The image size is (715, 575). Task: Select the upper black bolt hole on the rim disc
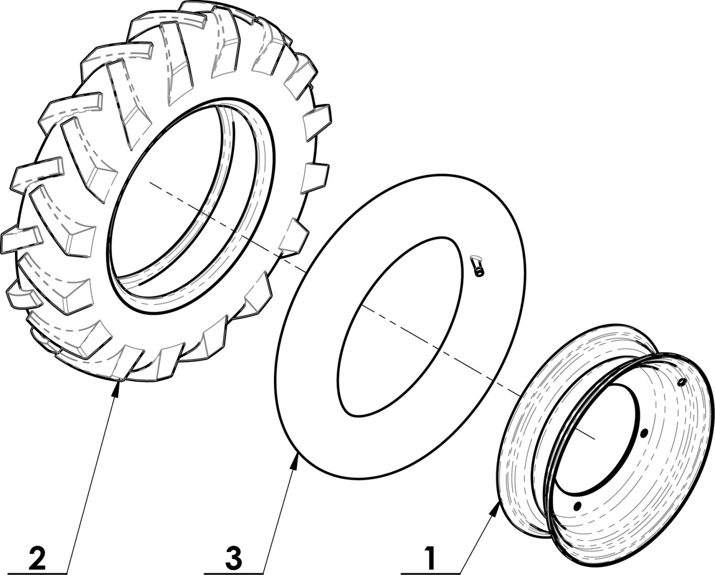coord(644,433)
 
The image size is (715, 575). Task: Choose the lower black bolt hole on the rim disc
coord(577,515)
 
